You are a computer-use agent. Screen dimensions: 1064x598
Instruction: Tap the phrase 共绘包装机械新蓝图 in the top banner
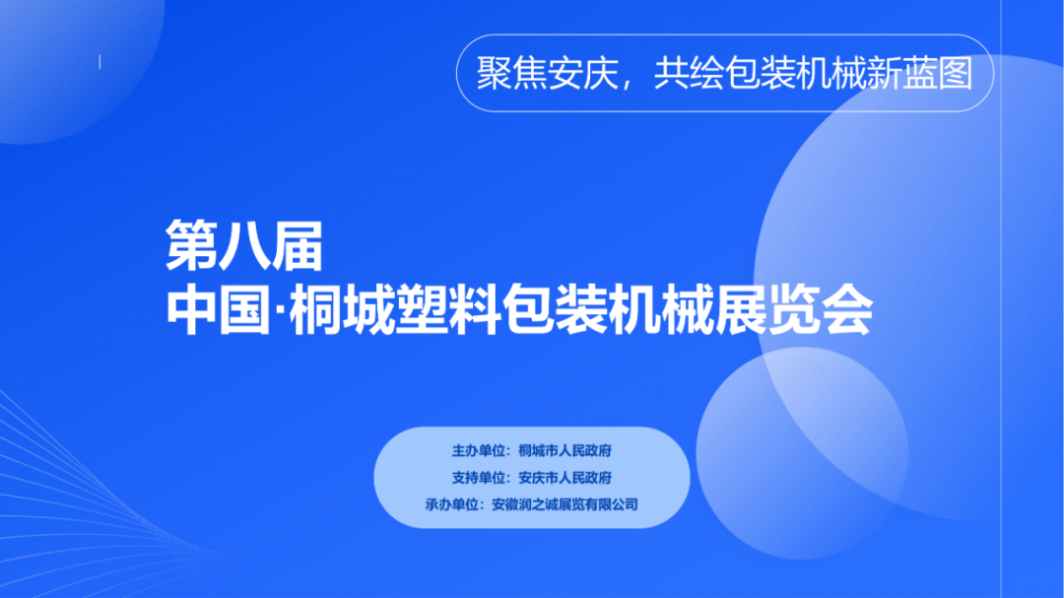814,73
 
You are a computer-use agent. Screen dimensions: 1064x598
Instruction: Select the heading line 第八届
244,245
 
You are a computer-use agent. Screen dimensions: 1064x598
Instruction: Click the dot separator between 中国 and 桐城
280,311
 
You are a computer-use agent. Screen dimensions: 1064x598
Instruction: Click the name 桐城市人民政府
565,450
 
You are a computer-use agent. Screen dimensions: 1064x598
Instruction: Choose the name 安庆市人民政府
565,478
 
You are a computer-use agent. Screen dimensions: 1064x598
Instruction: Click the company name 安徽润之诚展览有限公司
565,504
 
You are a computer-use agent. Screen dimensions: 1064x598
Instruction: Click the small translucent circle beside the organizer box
802,453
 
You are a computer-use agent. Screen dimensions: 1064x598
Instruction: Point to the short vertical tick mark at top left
100,62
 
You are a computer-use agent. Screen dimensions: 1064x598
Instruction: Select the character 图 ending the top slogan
956,73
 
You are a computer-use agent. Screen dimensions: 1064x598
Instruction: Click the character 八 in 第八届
244,245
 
